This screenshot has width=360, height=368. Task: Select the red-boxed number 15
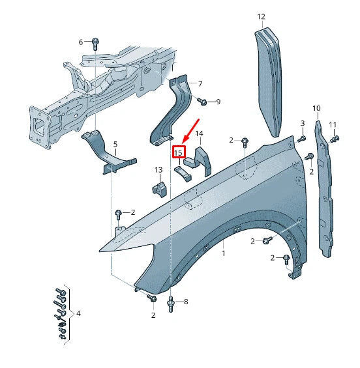(x=178, y=153)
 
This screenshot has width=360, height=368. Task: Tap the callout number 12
(x=261, y=16)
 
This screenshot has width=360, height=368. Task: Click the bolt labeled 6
(x=95, y=44)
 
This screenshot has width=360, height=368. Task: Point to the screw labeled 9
(x=203, y=102)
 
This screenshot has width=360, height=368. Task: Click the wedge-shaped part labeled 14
(x=204, y=160)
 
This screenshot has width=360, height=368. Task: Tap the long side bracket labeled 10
(x=323, y=189)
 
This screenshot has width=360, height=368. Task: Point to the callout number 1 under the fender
(x=222, y=253)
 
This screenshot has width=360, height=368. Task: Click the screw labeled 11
(x=335, y=137)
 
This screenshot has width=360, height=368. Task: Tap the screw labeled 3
(x=303, y=138)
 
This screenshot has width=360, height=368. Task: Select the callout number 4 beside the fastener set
(x=78, y=314)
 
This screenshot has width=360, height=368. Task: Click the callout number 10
(x=316, y=108)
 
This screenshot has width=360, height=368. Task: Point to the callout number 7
(x=200, y=84)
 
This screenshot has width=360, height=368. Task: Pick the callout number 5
(x=115, y=144)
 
